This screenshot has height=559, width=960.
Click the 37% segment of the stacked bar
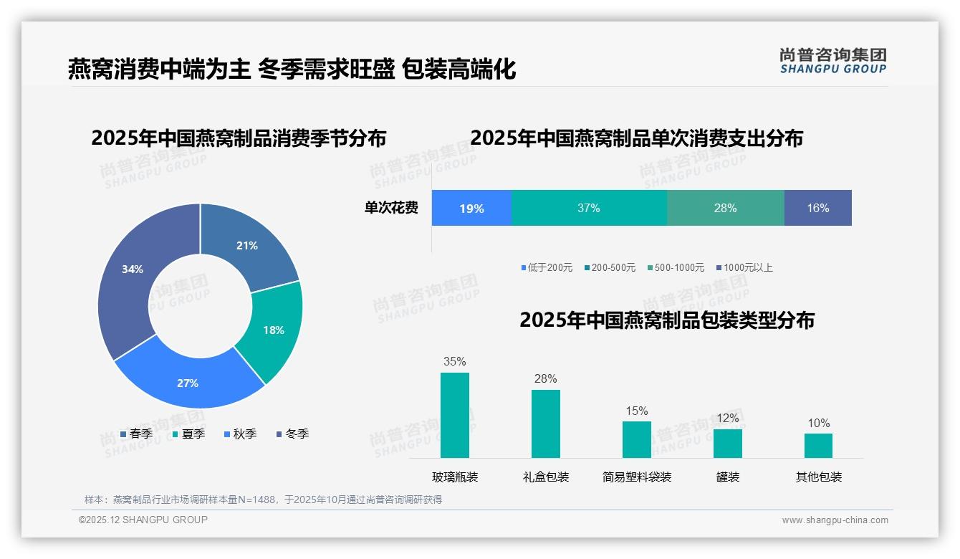589,208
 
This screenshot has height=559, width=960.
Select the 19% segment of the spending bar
471,208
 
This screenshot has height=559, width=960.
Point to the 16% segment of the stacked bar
817,208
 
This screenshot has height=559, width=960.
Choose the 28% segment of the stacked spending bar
725,208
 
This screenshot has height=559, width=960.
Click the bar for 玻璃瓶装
455,415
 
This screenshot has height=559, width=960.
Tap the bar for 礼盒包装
546,424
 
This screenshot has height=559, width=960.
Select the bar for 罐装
728,443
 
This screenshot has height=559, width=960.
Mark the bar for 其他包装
818,445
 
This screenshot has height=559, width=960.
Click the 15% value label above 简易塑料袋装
637,411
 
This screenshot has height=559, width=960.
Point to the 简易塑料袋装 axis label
637,477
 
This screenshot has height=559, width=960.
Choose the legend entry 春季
136,434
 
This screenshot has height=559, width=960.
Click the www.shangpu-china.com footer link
835,520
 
